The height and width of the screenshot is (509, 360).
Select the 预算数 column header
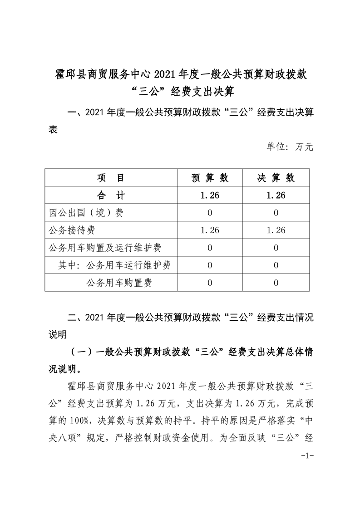[x=210, y=177]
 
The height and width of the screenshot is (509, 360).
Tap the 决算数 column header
[x=276, y=177]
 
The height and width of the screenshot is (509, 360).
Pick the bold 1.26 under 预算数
[x=210, y=195]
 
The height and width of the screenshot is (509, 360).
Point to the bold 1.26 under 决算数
[x=276, y=195]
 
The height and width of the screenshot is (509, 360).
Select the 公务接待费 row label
[x=71, y=230]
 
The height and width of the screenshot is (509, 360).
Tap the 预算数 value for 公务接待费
[x=210, y=230]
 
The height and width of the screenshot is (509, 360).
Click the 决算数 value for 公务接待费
[x=276, y=230]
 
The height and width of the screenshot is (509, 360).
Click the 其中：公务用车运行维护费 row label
[x=114, y=265]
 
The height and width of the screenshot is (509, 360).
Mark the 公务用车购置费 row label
[x=119, y=283]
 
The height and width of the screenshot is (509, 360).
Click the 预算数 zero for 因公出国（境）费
[x=210, y=213]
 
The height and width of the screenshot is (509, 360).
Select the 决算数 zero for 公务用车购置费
[x=276, y=283]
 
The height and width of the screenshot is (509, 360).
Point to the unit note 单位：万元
[x=289, y=147]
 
